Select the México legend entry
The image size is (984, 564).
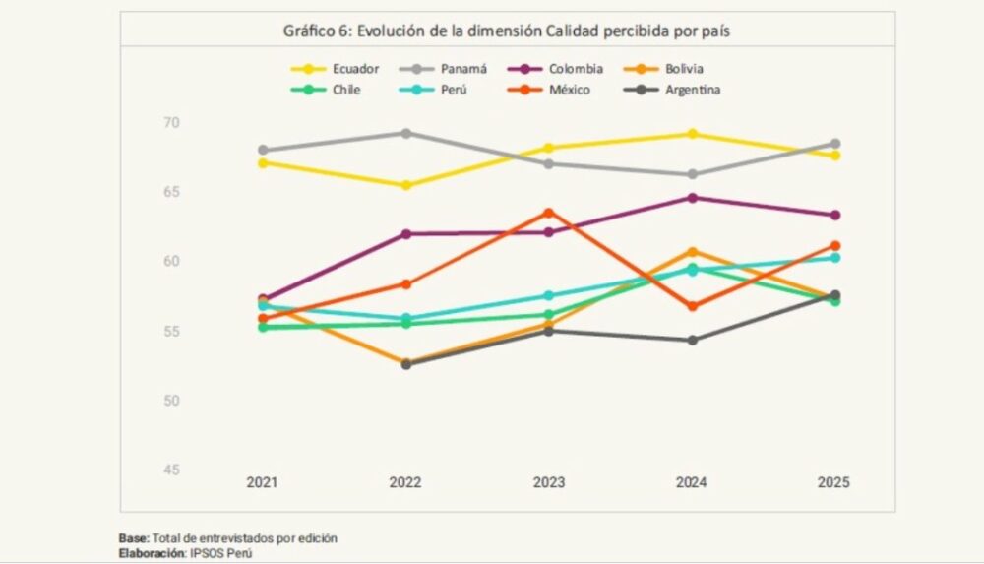pos(570,90)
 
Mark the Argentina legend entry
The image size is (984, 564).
pos(690,90)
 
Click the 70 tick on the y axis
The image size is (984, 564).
pos(172,122)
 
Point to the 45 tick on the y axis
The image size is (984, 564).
pos(172,470)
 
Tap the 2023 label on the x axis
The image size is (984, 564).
pos(549,483)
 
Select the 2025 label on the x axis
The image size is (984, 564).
pos(833,483)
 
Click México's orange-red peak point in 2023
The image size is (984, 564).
pos(549,213)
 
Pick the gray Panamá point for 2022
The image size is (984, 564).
pos(405,133)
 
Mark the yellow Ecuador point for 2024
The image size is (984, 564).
pos(692,134)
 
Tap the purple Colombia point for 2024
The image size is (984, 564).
pos(692,198)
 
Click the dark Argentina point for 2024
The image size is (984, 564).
pos(692,341)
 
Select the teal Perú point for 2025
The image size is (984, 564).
pos(834,257)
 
